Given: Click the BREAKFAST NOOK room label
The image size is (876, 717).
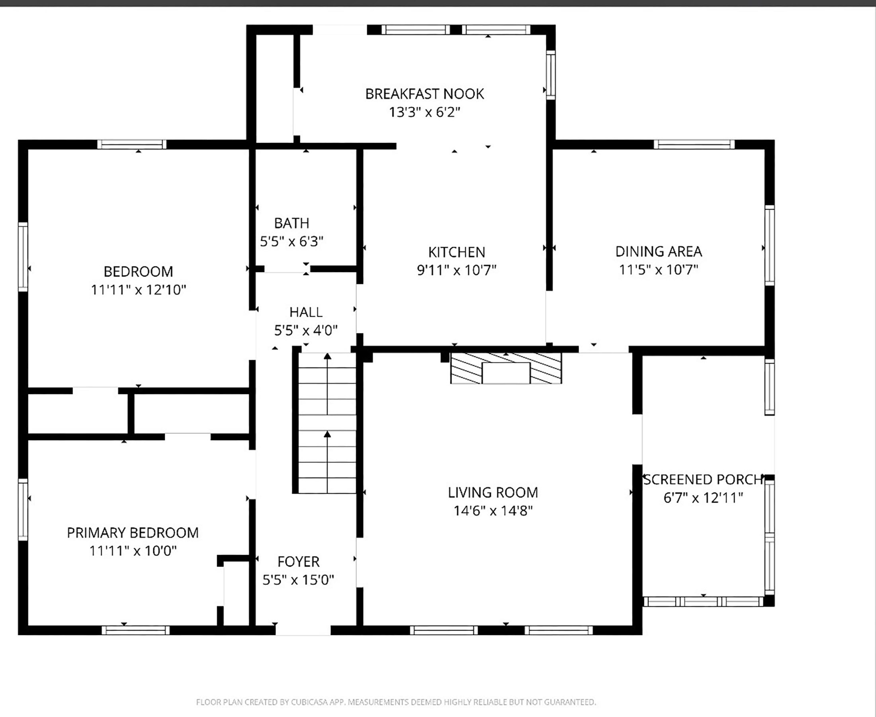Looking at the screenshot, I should pos(424,94).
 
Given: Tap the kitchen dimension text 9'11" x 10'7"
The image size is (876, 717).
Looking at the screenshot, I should pos(456,270).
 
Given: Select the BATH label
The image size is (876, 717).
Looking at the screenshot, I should pos(291,223).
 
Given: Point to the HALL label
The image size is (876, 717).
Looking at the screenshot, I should pos(306,312).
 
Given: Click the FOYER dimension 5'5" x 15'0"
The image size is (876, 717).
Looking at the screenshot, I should pos(298,580).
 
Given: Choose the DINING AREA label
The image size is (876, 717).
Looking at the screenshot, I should pos(658,251).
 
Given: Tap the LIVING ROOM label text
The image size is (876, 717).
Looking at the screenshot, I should pos(493,492).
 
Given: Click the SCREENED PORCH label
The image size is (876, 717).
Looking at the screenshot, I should pos(703,479).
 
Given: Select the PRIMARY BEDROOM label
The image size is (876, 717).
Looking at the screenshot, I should pos(133,532).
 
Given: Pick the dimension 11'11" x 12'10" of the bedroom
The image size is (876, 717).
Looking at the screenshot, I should pos(138,290).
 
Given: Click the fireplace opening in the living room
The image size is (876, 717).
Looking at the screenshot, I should pos(505,373).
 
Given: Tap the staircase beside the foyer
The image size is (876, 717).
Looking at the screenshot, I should pos(327,423).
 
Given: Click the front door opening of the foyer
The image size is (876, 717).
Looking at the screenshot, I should pos(303,630).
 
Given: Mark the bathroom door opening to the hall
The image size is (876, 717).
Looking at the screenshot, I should pos(287,269).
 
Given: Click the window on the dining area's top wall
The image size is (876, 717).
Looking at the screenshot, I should pos(694,144).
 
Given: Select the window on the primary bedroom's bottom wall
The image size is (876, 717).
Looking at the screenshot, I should pos(135,630).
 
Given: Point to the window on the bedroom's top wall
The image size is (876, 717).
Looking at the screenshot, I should pos(132,144).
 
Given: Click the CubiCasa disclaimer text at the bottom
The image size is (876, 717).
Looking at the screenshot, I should pos(396,702).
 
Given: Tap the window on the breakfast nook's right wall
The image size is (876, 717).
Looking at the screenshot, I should pos(550,75).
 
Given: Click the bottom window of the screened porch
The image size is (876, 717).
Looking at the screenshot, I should pos(703,601).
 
